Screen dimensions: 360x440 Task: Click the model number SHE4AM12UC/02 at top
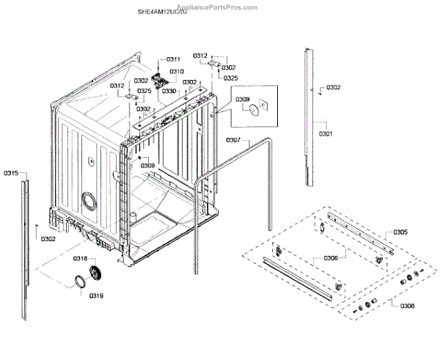(x=163, y=12)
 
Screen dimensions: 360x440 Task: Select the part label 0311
(x=173, y=59)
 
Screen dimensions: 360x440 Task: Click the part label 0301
(x=326, y=133)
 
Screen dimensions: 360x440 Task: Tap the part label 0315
(x=10, y=173)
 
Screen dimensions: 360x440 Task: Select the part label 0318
(x=79, y=259)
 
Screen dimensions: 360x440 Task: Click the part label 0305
(x=400, y=232)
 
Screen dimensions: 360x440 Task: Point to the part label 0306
(x=330, y=257)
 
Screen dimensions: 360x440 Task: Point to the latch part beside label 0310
(x=162, y=73)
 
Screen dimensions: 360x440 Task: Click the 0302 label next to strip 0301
(x=334, y=87)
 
